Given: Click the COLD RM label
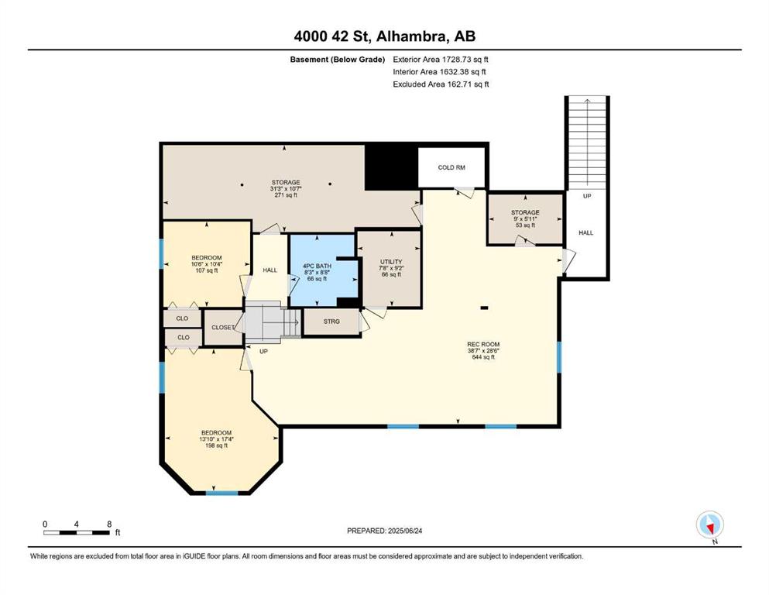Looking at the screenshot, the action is (451, 167).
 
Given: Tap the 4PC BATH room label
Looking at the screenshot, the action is (317, 266).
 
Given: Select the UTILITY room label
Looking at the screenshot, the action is (391, 262).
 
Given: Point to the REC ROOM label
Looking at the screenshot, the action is (483, 344).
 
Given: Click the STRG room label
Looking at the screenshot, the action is (331, 322).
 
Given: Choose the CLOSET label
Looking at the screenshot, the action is (223, 327).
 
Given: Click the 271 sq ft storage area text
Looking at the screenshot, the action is (286, 194).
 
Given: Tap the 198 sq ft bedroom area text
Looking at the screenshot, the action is (216, 445).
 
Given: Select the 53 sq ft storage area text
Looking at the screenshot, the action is (525, 225).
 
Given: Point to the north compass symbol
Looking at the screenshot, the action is (709, 525).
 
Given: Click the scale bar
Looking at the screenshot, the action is (77, 533).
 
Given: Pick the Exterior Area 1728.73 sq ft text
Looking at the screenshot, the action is (441, 60).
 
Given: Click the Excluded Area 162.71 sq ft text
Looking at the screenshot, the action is (441, 84).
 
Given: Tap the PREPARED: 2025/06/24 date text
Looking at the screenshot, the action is (384, 531).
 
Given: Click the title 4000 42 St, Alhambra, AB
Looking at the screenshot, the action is (384, 36).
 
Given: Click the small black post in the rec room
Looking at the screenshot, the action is (484, 308).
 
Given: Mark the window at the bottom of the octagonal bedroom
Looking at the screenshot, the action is (221, 492).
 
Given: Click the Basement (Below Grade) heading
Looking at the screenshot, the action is (338, 60).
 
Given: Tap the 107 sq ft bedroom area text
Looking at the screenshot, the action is (207, 270).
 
